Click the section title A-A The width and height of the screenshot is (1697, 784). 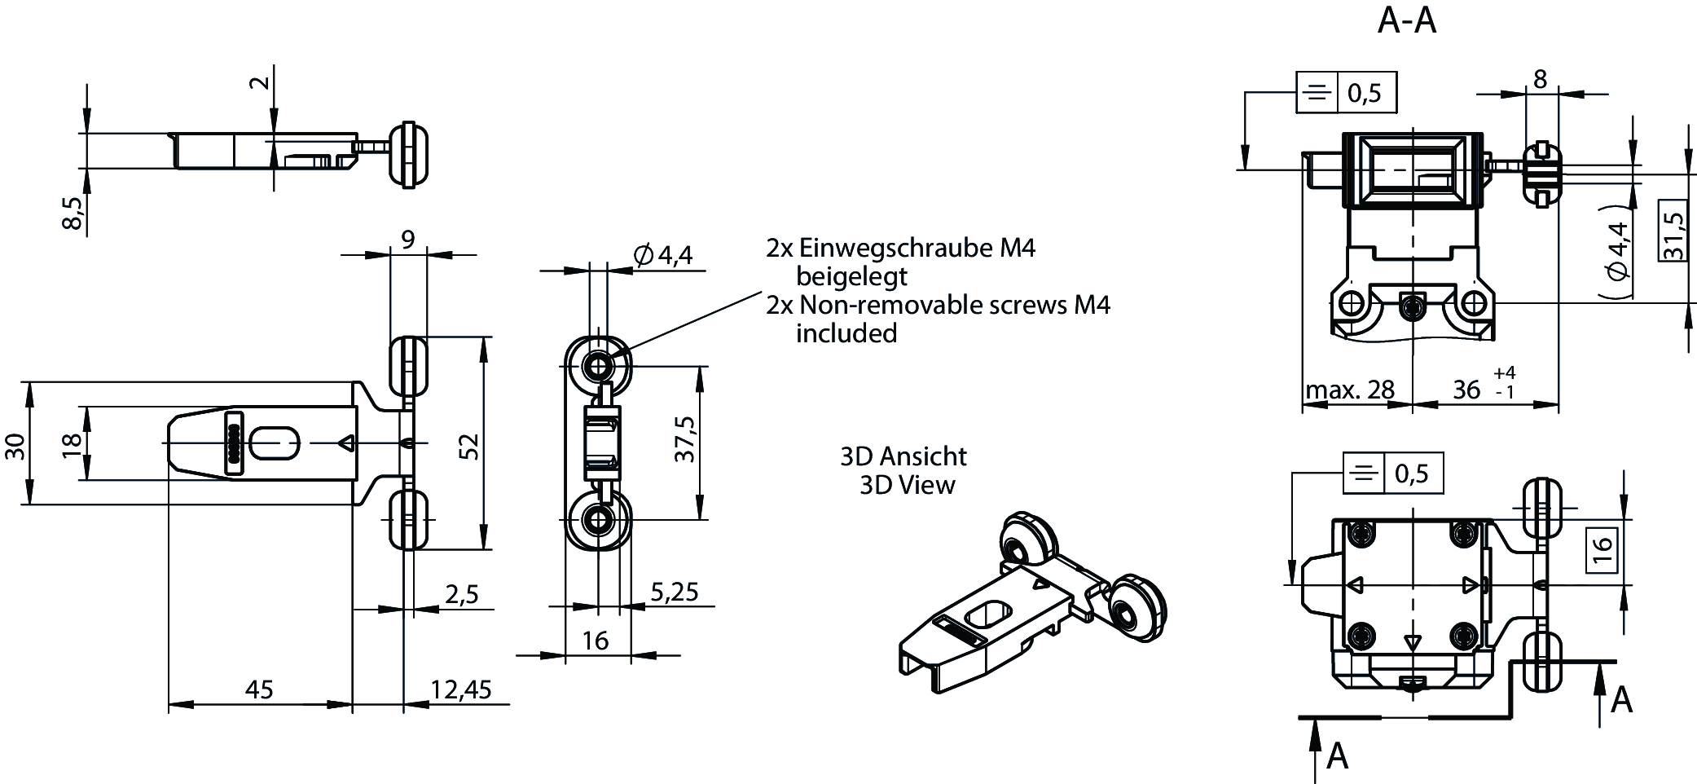[x=1406, y=20]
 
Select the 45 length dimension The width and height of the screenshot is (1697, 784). [x=259, y=689]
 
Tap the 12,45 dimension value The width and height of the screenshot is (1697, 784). [x=460, y=689]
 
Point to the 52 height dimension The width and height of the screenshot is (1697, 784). [x=470, y=447]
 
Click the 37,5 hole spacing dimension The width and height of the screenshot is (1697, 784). [x=685, y=440]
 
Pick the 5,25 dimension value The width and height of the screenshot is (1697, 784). [x=674, y=592]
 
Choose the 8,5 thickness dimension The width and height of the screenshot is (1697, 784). [x=73, y=213]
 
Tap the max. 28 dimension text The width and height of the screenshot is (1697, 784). [x=1350, y=390]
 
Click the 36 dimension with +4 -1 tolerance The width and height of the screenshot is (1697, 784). [x=1467, y=390]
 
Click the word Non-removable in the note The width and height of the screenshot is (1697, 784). [x=891, y=305]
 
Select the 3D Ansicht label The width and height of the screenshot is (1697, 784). [x=903, y=456]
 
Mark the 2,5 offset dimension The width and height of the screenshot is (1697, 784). [x=461, y=593]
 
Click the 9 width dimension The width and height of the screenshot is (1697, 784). [x=407, y=240]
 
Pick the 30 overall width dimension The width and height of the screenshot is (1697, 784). [x=15, y=446]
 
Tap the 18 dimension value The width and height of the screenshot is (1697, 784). [x=72, y=444]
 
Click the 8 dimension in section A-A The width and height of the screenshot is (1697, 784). [x=1539, y=79]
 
